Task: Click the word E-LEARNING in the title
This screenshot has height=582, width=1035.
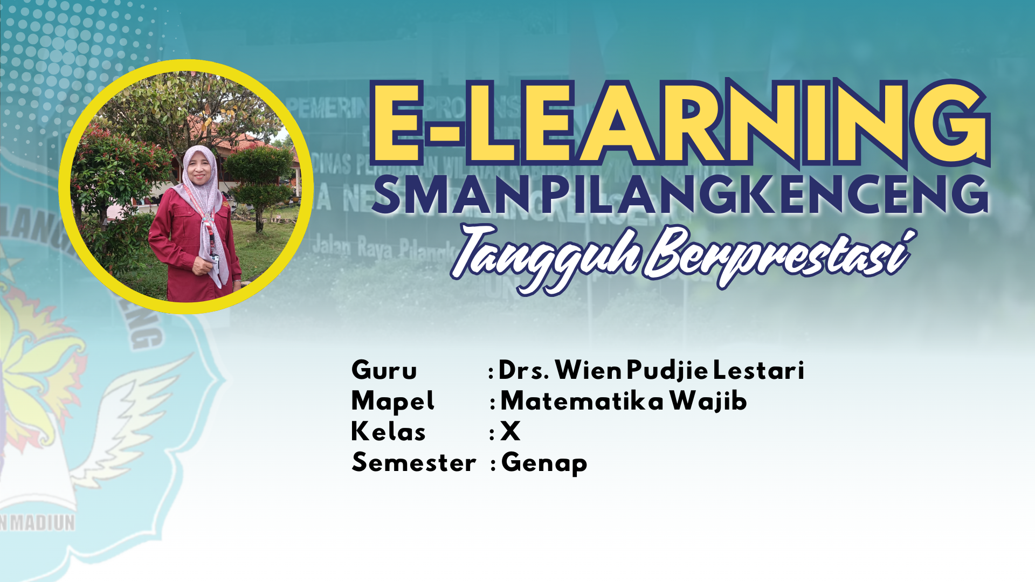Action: coord(679,123)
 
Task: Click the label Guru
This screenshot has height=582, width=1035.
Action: coord(384,371)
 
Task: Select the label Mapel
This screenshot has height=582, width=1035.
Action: coord(392,401)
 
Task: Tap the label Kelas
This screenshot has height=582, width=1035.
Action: coord(388,432)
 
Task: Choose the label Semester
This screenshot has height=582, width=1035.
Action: coord(413,463)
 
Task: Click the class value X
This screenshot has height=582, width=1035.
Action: coord(510,432)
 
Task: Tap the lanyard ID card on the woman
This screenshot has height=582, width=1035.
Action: coord(215,254)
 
